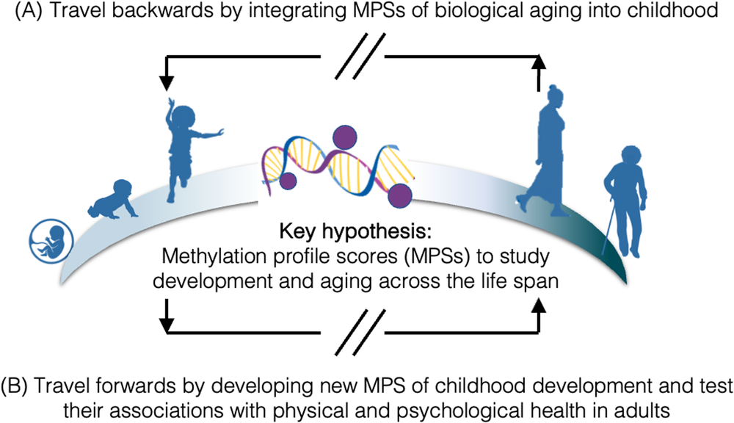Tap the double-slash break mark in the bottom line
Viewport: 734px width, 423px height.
[x=355, y=336]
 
